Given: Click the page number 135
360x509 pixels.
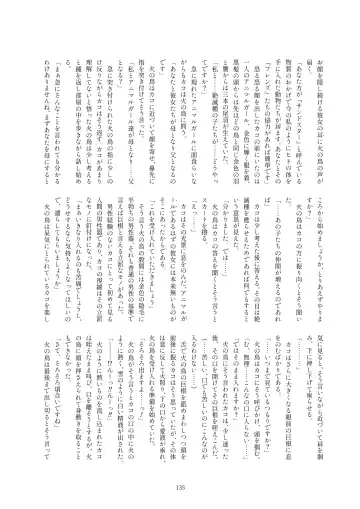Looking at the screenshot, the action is pyautogui.click(x=180, y=486).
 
